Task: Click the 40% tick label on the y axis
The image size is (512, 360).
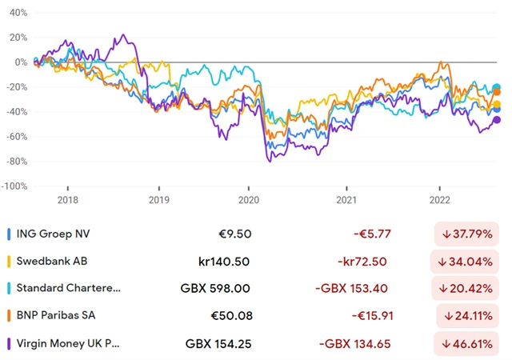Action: [17, 14]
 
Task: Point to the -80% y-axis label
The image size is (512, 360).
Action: [15, 162]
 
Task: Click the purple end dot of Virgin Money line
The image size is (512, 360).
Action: [497, 120]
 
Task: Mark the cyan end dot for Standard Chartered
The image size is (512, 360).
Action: [497, 88]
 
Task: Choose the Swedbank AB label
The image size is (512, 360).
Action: [51, 262]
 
